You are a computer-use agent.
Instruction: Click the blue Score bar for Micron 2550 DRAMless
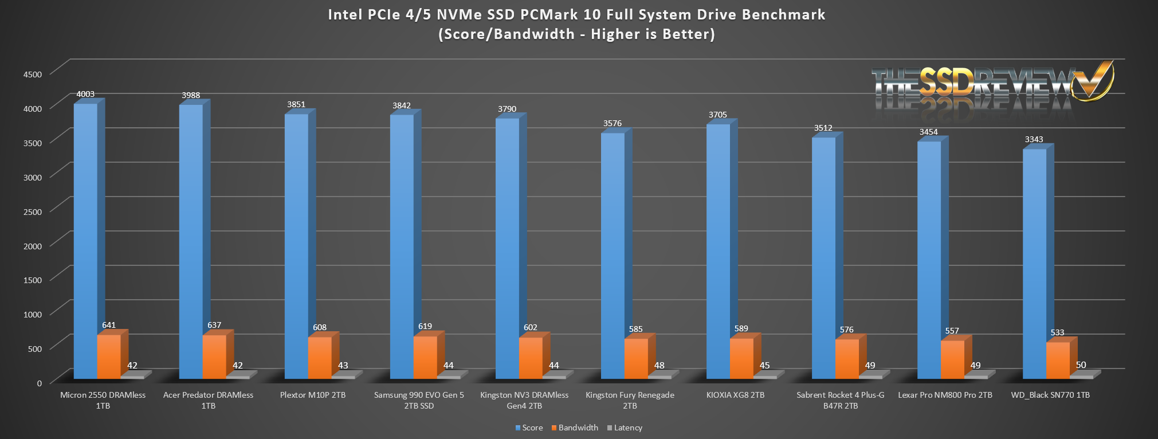click(85, 241)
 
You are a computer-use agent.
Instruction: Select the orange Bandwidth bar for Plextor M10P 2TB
click(320, 358)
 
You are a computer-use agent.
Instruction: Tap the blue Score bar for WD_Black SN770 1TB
click(1034, 264)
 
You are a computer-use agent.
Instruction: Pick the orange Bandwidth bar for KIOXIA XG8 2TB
click(741, 358)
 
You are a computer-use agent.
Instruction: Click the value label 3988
click(191, 95)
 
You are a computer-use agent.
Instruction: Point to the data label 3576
click(612, 123)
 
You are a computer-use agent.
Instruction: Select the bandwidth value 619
click(425, 326)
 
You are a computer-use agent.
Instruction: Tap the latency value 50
click(1081, 365)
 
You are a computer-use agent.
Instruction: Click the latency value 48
click(659, 366)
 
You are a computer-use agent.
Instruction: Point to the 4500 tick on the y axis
click(33, 74)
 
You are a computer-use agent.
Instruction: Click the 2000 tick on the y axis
click(33, 246)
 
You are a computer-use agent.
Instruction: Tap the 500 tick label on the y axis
click(35, 348)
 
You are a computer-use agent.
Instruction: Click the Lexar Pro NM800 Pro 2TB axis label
click(945, 395)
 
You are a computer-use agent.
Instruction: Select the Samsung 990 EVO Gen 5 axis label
click(419, 400)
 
